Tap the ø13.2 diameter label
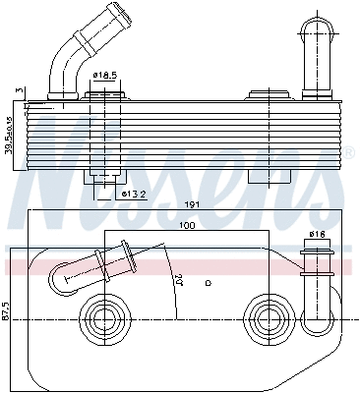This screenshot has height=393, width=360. coord(136,193)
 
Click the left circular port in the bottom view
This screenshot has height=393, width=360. coord(102,315)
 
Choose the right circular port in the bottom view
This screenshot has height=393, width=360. coord(264,315)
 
